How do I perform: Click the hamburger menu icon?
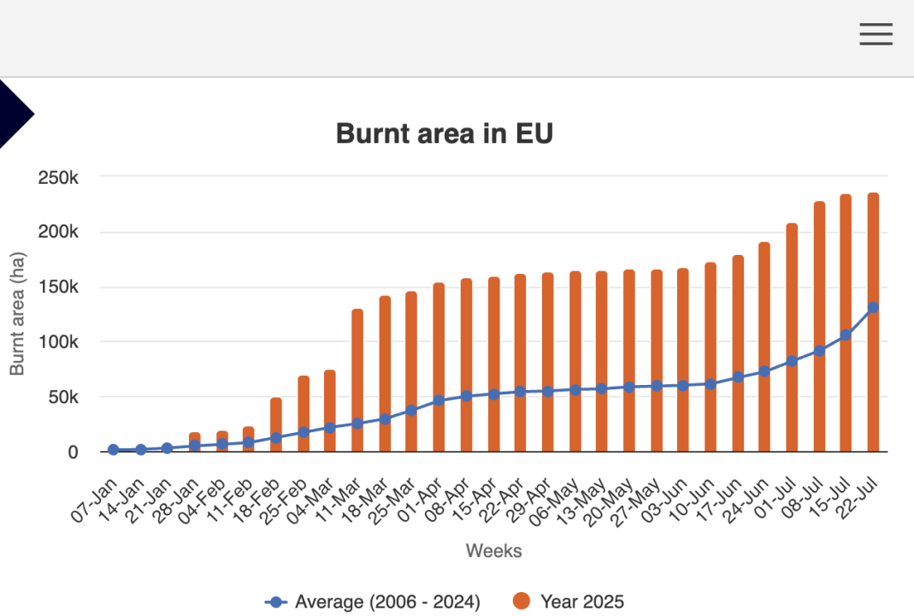[876, 34]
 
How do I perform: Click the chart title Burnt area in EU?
[445, 133]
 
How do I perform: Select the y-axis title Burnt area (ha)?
[17, 314]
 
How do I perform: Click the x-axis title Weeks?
[493, 551]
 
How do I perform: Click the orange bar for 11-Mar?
[357, 380]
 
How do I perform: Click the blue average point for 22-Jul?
[873, 308]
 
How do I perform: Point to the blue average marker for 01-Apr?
[439, 400]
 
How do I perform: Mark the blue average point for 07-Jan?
[113, 449]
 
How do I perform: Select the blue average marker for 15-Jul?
[846, 335]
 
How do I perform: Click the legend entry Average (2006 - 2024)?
[374, 601]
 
